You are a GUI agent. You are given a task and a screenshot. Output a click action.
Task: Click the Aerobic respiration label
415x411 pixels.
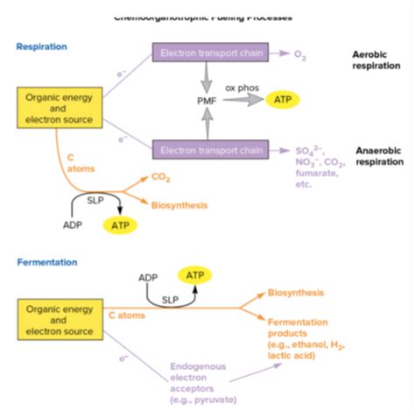[x=376, y=60]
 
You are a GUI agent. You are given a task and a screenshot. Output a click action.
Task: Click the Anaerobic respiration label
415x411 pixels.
[x=379, y=156]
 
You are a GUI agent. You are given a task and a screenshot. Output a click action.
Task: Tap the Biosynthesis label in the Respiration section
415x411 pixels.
[x=179, y=205]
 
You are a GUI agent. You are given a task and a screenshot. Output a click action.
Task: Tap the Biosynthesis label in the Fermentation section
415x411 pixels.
[x=295, y=293]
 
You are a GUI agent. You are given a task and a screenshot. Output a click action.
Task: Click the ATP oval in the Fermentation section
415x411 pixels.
[x=195, y=275]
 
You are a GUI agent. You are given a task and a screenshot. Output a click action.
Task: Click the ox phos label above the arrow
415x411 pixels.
[x=242, y=88]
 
